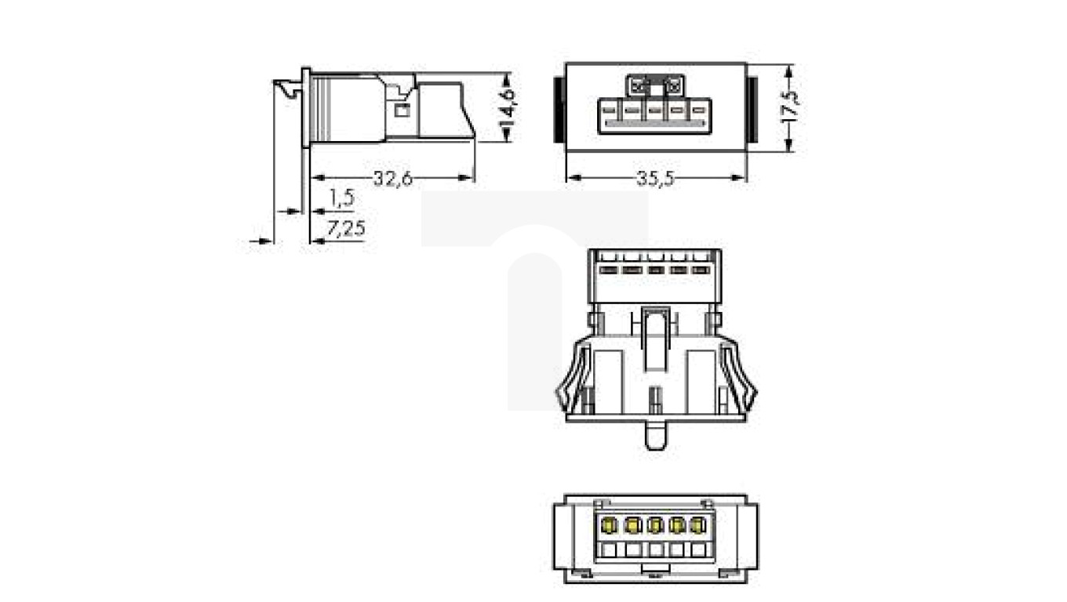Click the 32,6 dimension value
tap(392, 179)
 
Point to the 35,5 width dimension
tap(655, 179)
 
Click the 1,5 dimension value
tap(341, 198)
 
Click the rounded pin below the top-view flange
tap(655, 435)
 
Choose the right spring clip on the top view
tap(739, 376)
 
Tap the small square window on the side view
tap(402, 111)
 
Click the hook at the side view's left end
tap(288, 89)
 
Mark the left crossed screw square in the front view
tap(638, 84)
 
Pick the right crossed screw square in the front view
tap(672, 84)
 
